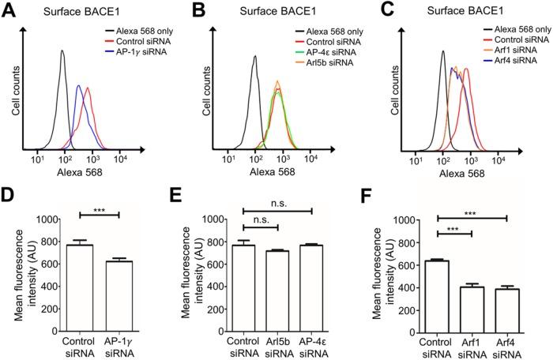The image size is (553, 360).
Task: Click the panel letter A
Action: tap(8, 9)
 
